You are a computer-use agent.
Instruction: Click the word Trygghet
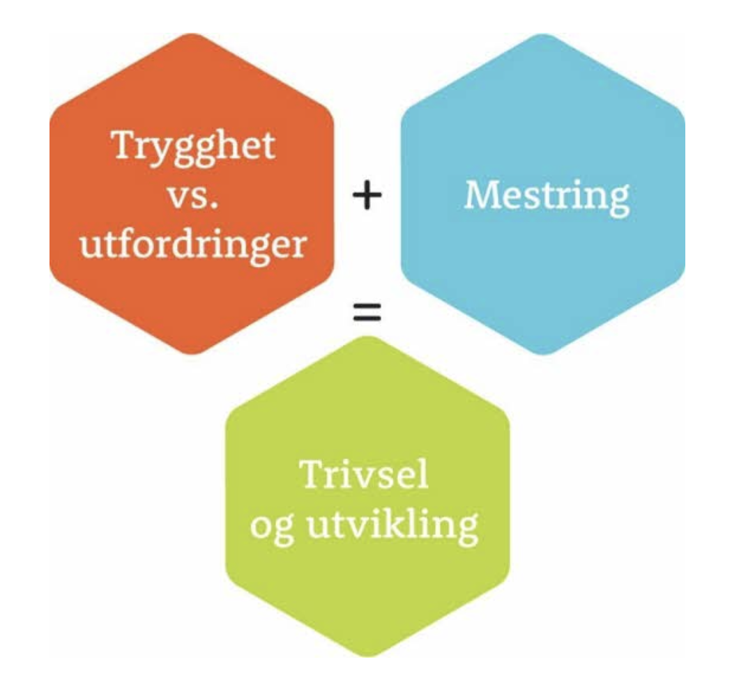(193, 146)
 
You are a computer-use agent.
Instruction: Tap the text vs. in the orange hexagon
(193, 196)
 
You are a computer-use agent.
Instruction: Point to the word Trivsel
(364, 475)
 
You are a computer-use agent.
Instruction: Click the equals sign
(367, 313)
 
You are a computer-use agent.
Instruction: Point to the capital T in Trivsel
(312, 474)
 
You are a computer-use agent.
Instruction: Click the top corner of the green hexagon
(368, 338)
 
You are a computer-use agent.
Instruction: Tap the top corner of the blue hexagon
(543, 35)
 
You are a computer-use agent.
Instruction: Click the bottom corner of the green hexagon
(368, 656)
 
